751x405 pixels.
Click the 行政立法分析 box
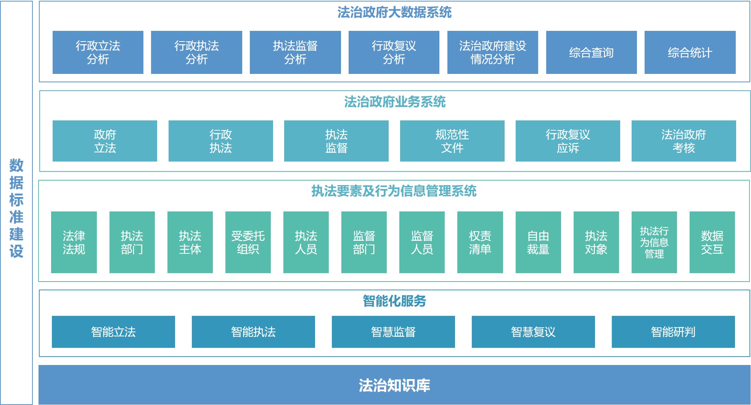tap(98, 52)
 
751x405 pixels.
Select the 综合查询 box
tap(591, 52)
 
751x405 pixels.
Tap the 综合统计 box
tap(690, 52)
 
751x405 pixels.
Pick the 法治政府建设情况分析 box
tap(492, 52)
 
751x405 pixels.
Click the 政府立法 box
tap(105, 141)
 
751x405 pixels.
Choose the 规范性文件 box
tap(452, 141)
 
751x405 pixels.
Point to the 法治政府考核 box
tap(683, 141)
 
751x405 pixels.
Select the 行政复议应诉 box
tap(568, 141)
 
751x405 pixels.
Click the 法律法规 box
tap(74, 242)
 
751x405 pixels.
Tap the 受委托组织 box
tap(248, 242)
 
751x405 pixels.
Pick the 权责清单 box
tap(480, 242)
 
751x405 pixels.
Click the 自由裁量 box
tap(538, 242)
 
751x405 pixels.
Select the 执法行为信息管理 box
tap(654, 242)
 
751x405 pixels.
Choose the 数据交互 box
tap(712, 242)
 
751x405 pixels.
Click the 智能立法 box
tap(113, 332)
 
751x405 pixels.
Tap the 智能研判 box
tap(673, 332)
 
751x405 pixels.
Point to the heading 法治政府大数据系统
tap(394, 13)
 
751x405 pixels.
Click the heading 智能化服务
tap(394, 301)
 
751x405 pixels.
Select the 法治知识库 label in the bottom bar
tap(394, 385)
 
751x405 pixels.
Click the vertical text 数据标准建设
tap(16, 208)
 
